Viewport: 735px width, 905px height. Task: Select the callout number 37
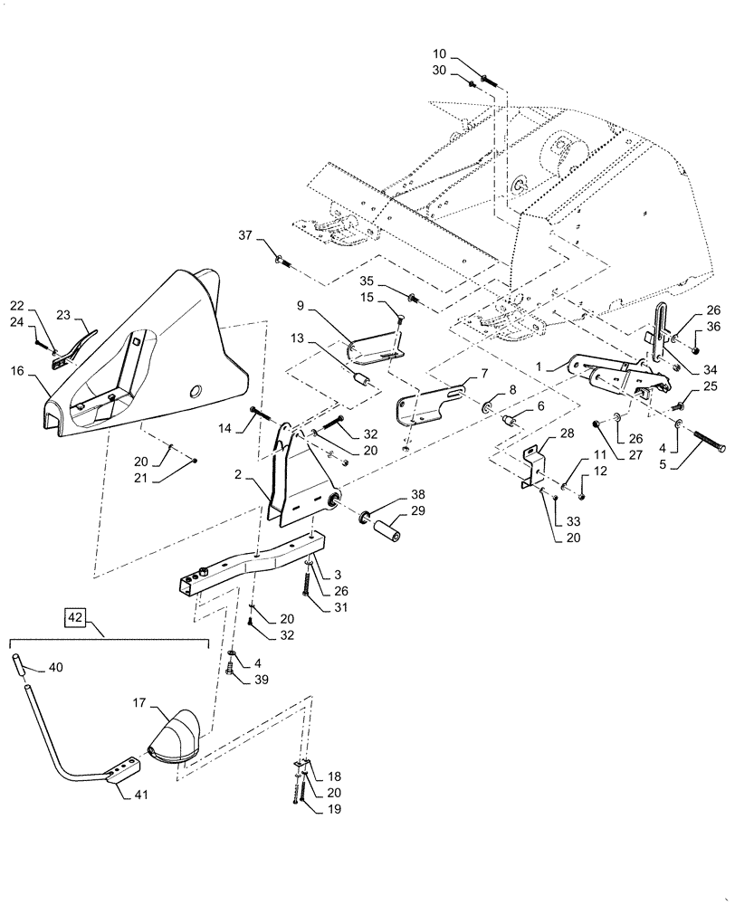(245, 237)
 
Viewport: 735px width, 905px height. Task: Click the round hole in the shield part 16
(195, 391)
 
